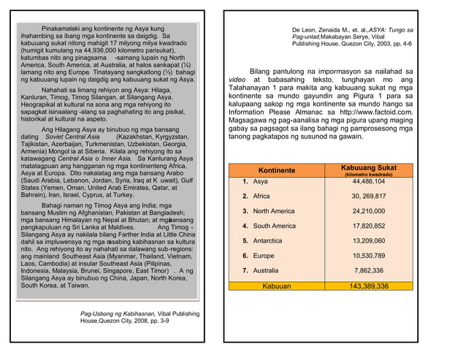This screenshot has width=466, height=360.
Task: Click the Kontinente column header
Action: point(276,170)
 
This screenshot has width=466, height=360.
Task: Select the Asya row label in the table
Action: point(260,181)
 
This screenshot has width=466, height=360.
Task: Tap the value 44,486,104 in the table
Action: point(368,181)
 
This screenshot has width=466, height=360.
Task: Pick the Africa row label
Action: point(262,196)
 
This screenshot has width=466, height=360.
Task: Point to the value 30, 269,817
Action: point(368,196)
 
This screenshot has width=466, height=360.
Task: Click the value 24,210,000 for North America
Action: point(368,211)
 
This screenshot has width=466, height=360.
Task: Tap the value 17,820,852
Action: point(368,226)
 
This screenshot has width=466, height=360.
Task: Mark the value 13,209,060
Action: point(368,241)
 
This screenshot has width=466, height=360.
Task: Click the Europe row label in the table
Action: point(264,256)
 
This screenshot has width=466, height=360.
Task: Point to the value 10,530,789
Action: point(368,256)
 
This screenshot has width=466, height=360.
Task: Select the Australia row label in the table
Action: point(267,271)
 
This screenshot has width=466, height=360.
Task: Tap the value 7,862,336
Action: point(368,271)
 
